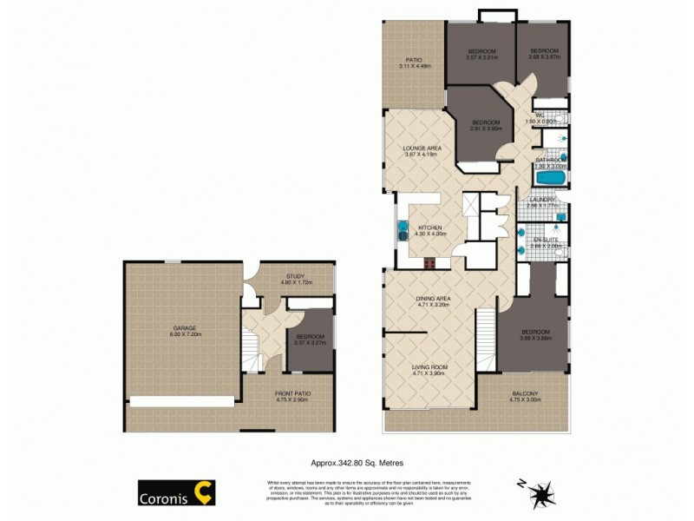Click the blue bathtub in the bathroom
point(550,179)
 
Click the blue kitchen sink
point(403,231)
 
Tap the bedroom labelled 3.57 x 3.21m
point(480,54)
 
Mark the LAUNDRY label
point(543,202)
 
